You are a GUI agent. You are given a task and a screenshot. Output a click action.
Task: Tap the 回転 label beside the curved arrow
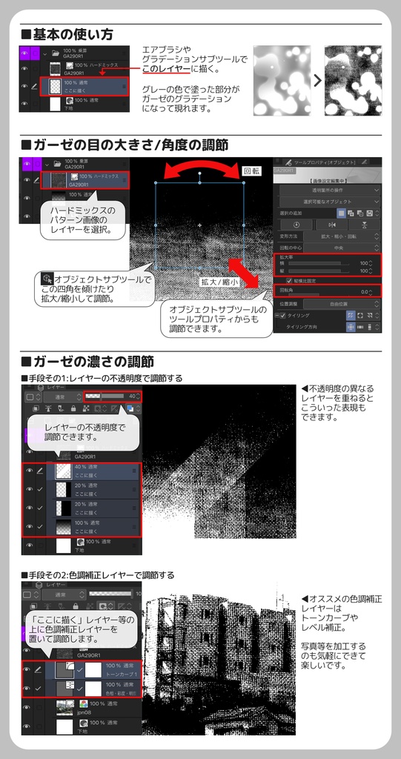[252, 172]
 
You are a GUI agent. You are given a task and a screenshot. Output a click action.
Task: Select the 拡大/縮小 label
[219, 282]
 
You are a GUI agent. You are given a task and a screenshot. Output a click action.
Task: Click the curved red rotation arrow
[200, 167]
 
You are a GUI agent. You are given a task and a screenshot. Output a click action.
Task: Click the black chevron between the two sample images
[317, 80]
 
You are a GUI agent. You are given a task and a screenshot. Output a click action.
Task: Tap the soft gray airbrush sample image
[281, 80]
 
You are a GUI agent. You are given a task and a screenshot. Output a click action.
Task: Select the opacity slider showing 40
[111, 397]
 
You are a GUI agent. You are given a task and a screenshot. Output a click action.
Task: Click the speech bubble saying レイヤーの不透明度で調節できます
[84, 432]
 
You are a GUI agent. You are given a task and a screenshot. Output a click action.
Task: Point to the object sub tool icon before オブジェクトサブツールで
[46, 279]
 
